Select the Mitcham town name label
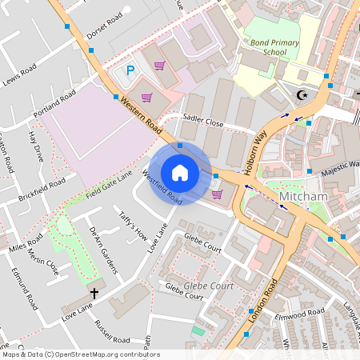point(302,196)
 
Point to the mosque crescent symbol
point(302,95)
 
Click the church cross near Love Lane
point(94,293)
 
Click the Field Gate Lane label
point(110,185)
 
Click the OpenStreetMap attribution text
point(80,354)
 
